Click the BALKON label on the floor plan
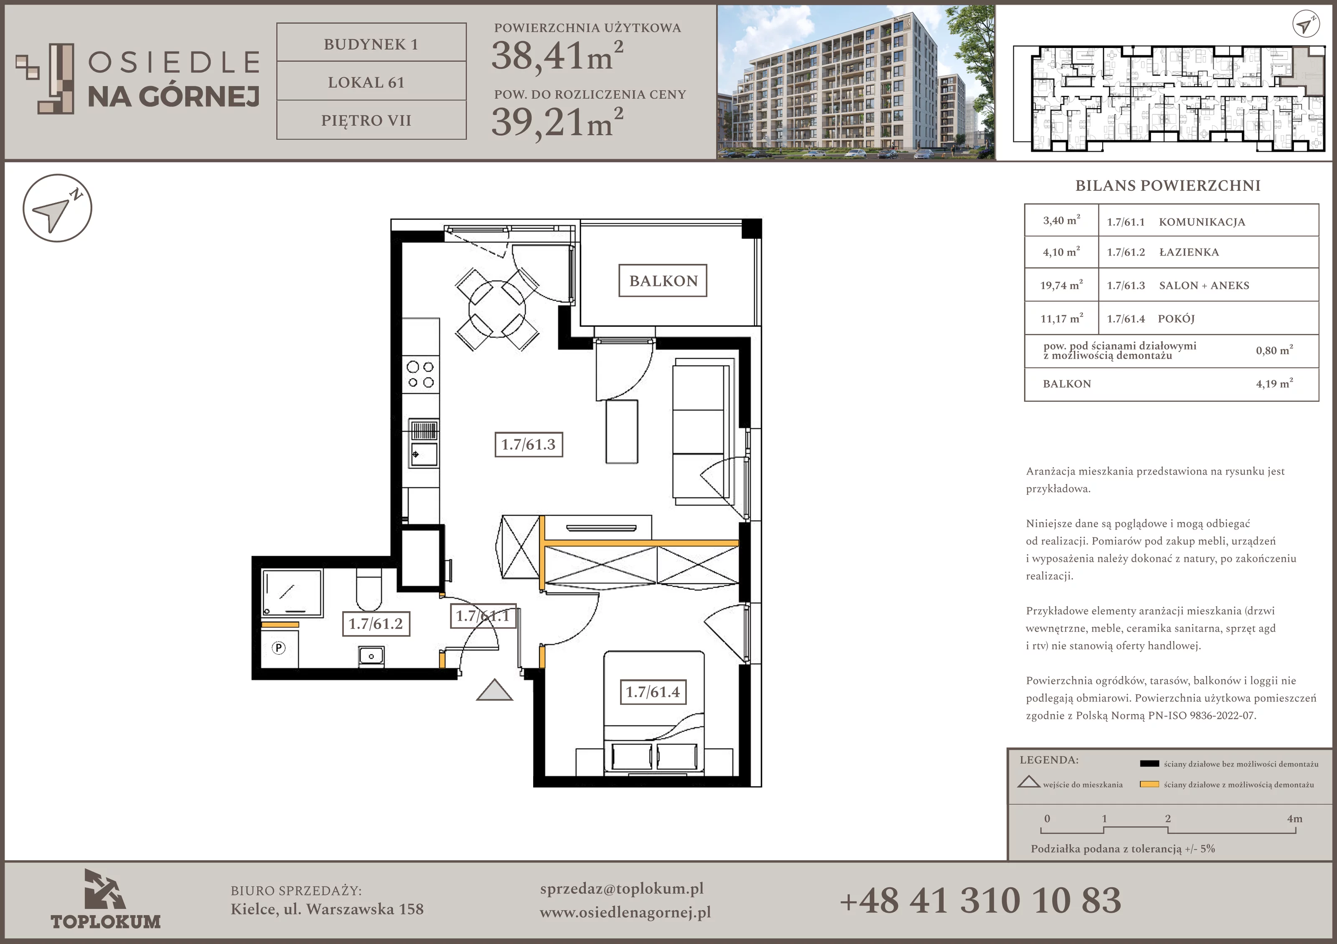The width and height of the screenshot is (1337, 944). pyautogui.click(x=663, y=281)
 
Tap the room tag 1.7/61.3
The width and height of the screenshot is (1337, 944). pyautogui.click(x=529, y=445)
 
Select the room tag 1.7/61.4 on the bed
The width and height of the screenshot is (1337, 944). pyautogui.click(x=653, y=692)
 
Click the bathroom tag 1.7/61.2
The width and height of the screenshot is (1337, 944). pyautogui.click(x=376, y=624)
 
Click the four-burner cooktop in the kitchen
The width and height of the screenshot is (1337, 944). pyautogui.click(x=420, y=374)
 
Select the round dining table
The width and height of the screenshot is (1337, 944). pyautogui.click(x=497, y=309)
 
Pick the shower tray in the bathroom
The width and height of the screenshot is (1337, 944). pyautogui.click(x=292, y=592)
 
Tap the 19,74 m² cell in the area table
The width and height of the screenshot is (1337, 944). pyautogui.click(x=1062, y=285)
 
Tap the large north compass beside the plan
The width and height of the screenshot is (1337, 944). pyautogui.click(x=57, y=208)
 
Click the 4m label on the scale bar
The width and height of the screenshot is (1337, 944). pyautogui.click(x=1294, y=818)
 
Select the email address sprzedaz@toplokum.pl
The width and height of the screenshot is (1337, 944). pyautogui.click(x=622, y=889)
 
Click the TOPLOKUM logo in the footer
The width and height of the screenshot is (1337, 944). pyautogui.click(x=105, y=900)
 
